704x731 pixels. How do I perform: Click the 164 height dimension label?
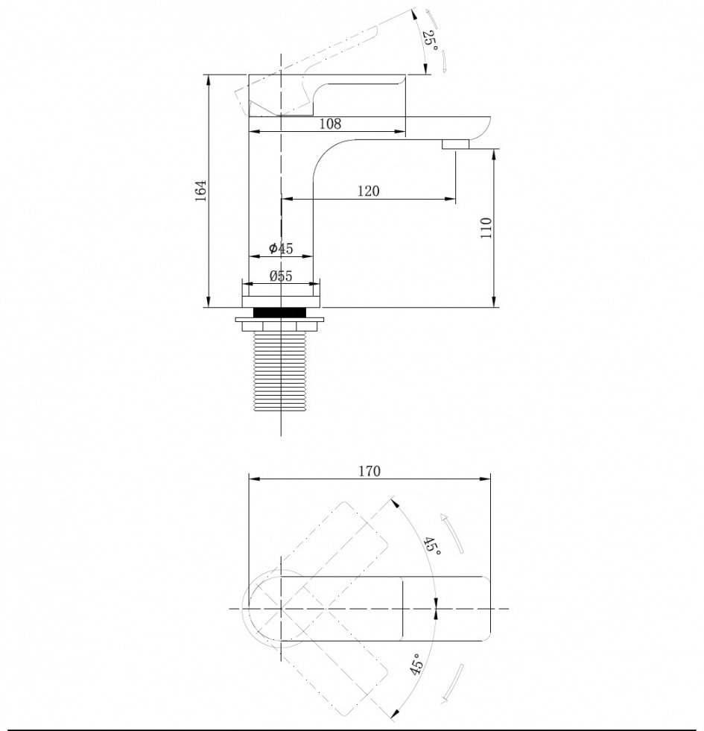pos(201,190)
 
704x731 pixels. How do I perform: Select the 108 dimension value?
pos(330,124)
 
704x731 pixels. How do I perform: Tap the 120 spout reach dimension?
pos(368,191)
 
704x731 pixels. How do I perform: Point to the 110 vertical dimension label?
pos(486,228)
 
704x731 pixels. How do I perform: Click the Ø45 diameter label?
pos(281,248)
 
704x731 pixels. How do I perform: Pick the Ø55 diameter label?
pos(281,276)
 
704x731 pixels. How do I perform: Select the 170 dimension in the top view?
pos(370,471)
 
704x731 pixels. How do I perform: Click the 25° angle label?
pos(431,41)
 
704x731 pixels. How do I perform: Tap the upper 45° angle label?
pos(432,546)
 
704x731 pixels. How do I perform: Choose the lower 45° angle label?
pos(416,664)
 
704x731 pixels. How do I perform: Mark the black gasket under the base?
pos(280,312)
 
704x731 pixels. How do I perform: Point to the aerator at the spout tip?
pos(455,144)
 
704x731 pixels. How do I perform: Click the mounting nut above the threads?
pos(280,324)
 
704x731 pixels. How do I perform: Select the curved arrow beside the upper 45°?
pos(453,533)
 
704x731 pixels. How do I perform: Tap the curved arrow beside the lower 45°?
pos(452,682)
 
